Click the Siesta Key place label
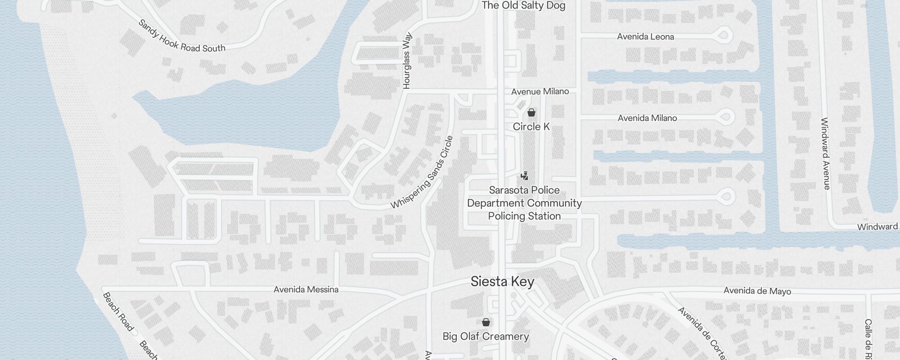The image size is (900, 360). tap(502, 282)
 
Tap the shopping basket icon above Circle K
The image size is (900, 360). tap(531, 112)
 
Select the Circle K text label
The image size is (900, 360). tap(531, 126)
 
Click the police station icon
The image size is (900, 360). tap(524, 175)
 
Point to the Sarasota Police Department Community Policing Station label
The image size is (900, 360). tap(524, 203)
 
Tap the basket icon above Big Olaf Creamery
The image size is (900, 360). tap(486, 322)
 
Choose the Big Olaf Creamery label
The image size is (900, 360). tap(486, 336)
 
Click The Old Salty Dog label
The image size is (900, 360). tap(523, 5)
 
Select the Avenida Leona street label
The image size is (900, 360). tap(645, 36)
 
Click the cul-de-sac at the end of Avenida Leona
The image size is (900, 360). tap(723, 34)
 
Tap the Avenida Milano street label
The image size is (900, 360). tap(647, 118)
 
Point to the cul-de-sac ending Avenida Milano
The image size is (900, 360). tap(725, 117)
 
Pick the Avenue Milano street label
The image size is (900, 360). tap(540, 91)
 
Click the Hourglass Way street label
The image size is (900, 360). tap(407, 60)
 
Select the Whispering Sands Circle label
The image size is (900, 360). tap(422, 173)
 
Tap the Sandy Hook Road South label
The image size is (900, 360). tap(182, 36)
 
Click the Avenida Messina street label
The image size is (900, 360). tap(306, 289)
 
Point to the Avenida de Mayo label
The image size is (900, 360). tap(757, 291)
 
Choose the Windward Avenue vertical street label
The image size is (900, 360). tap(825, 153)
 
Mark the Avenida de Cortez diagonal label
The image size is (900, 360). tap(702, 333)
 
